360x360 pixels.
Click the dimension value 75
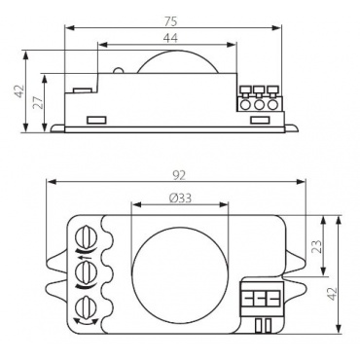click(170, 21)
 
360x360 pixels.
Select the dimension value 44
click(170, 38)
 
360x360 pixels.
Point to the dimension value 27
click(38, 102)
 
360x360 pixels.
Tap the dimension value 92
click(178, 175)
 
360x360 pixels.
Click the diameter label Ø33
click(180, 198)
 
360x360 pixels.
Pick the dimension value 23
click(317, 246)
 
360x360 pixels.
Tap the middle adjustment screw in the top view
click(87, 270)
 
